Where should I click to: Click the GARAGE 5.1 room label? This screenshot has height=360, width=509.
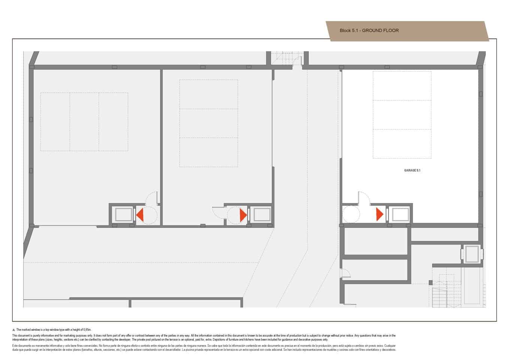click(412, 170)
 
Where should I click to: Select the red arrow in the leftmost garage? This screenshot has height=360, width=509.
click(139, 215)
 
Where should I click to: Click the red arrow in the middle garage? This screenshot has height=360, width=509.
click(243, 215)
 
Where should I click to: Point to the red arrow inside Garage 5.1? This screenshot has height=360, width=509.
click(379, 214)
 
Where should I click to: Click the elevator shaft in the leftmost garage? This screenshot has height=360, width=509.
click(123, 215)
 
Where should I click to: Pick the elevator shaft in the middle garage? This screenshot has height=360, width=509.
click(262, 215)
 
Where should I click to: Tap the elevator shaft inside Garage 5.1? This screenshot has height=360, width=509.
click(400, 215)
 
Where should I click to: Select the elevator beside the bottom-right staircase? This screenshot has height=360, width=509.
click(472, 253)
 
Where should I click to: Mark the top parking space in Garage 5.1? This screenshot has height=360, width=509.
click(402, 86)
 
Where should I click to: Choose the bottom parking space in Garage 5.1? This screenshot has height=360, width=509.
click(402, 144)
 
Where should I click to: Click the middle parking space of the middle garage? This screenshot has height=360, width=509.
click(208, 123)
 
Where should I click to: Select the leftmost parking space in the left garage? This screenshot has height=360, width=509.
click(55, 122)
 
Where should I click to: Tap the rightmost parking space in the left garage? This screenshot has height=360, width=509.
click(113, 122)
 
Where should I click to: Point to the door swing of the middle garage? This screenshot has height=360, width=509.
click(219, 211)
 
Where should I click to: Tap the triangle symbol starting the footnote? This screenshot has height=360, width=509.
click(14, 329)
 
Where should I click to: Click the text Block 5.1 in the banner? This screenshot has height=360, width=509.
click(348, 30)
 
